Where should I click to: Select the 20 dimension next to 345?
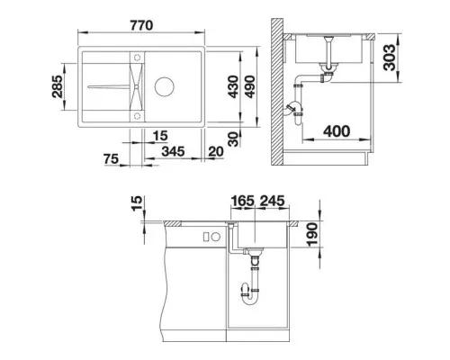click(216, 151)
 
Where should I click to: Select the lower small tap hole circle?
click(136, 115)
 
